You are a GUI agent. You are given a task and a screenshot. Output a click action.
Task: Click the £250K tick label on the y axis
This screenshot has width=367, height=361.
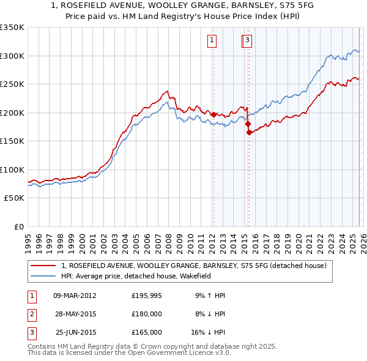click(12, 84)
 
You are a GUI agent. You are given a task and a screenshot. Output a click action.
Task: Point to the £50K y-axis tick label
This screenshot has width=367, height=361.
click(14, 198)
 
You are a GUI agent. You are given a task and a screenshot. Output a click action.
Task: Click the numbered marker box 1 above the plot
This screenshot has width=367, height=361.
click(212, 41)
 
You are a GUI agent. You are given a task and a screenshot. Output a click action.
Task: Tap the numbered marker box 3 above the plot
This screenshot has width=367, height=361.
click(247, 41)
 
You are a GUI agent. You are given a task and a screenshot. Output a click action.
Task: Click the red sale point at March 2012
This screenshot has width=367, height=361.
click(213, 114)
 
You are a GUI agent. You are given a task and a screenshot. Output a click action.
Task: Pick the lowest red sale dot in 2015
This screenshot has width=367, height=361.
click(249, 132)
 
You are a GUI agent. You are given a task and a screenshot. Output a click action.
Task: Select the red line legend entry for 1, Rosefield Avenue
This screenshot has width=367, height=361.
click(194, 266)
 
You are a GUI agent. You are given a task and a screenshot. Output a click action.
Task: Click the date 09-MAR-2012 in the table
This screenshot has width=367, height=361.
click(75, 296)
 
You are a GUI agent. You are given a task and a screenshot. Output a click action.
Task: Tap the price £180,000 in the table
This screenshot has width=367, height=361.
click(147, 314)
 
